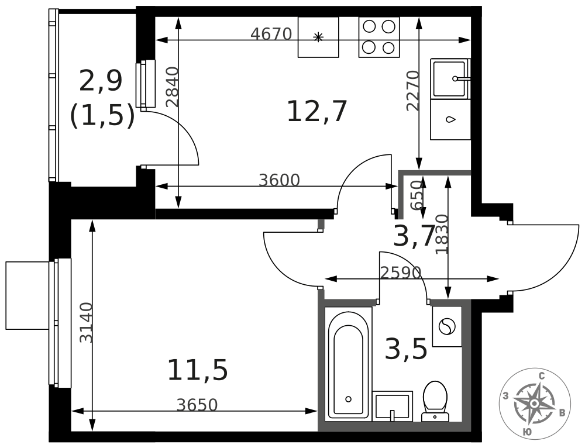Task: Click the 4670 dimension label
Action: (x=271, y=34)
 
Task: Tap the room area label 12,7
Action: (x=317, y=111)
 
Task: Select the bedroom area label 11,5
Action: (x=197, y=370)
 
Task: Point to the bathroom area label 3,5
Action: (x=406, y=349)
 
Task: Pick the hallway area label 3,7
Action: (x=414, y=236)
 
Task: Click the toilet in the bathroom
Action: (x=435, y=401)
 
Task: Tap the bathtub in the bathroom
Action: (x=349, y=364)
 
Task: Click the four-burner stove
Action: (x=378, y=37)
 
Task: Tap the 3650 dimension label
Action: (x=197, y=405)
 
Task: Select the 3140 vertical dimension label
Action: (x=86, y=322)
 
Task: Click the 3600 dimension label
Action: (x=280, y=181)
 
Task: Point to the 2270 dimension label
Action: (x=413, y=91)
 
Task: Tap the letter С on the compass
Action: (x=542, y=377)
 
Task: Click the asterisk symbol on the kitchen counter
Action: (x=318, y=37)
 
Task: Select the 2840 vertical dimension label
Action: (x=173, y=87)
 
